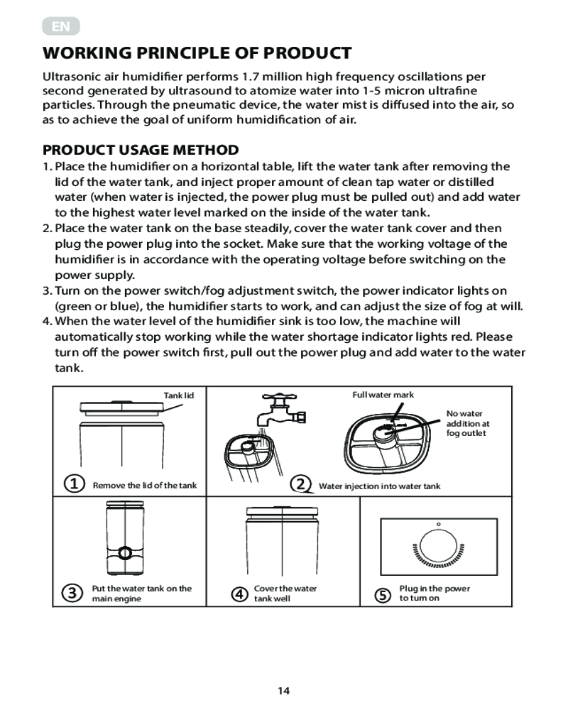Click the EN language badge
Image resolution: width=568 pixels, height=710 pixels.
tap(61, 28)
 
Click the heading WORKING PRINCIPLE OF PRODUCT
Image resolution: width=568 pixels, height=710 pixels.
tap(197, 53)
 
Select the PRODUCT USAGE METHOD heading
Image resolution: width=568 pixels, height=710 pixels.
tap(141, 150)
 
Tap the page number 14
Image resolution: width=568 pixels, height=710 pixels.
tap(284, 690)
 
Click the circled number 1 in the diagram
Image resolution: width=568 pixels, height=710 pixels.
tap(71, 484)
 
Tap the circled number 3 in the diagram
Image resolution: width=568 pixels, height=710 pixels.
tap(71, 594)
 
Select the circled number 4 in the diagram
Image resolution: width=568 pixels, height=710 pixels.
tap(241, 594)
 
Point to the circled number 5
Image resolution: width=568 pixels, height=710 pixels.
tap(383, 594)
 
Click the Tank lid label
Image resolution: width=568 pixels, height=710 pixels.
tap(174, 395)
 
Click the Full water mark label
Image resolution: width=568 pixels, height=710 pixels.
tap(383, 395)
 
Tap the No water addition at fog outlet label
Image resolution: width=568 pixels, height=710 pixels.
tap(468, 423)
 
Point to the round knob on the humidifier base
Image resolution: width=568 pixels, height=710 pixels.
tap(126, 552)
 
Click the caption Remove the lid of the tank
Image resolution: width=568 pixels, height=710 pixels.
tap(145, 486)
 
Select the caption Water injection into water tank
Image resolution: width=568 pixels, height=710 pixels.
tap(379, 486)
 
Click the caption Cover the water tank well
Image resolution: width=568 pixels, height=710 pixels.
tap(285, 594)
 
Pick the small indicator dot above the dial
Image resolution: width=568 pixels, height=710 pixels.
tap(438, 525)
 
